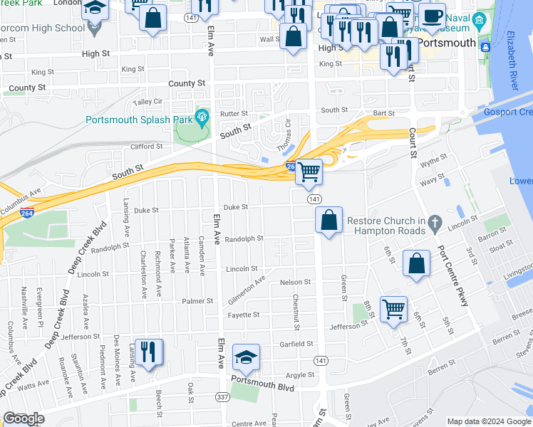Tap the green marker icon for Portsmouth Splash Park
point(201,116)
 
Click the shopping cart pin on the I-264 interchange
point(309,172)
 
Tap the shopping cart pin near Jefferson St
point(393,309)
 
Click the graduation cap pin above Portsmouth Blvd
point(246,357)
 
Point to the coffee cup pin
point(431,16)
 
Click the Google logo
point(24,418)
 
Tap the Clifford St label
point(146,147)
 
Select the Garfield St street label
point(296,344)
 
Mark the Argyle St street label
point(300,374)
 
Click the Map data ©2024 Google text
point(488,421)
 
